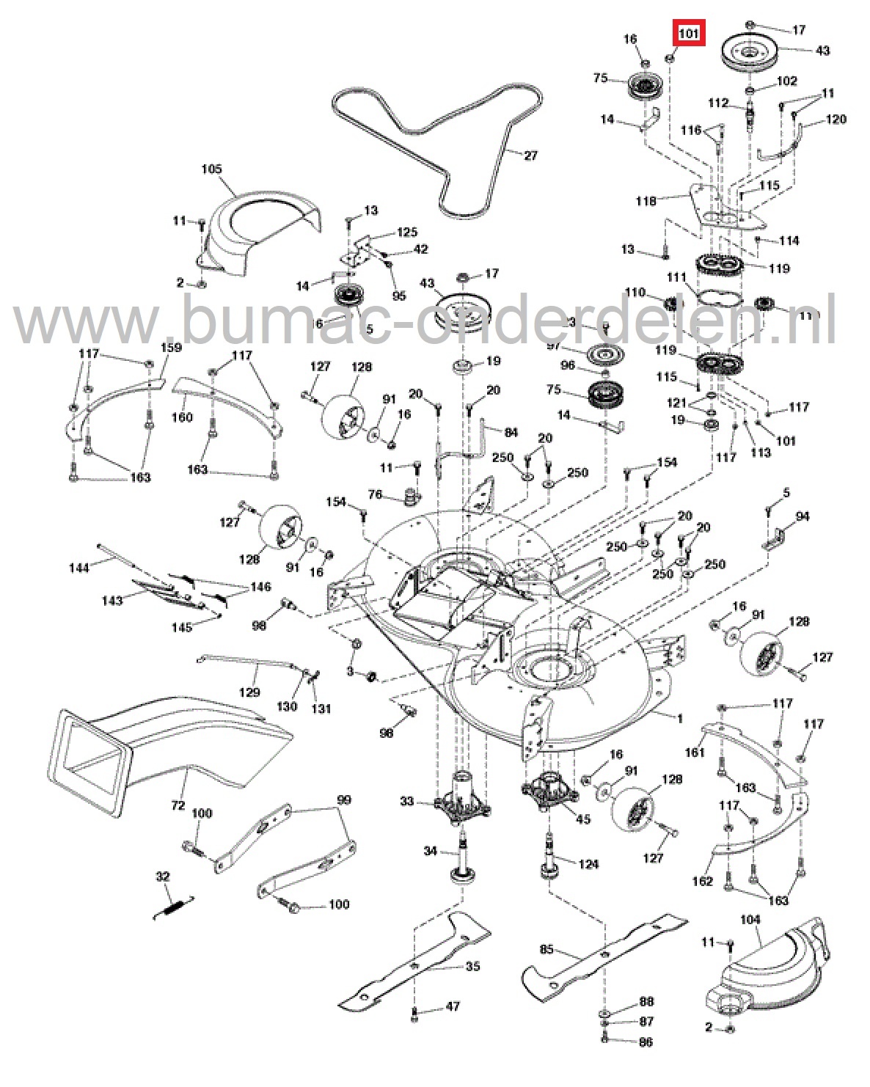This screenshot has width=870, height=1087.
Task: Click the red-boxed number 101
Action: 688,34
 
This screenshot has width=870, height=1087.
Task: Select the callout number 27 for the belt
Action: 530,155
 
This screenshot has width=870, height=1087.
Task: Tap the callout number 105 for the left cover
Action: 211,169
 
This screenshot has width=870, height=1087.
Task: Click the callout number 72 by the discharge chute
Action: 178,805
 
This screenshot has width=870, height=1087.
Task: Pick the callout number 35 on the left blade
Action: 472,967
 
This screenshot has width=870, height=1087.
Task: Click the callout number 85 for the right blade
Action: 547,950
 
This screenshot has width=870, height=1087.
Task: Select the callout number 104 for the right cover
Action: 750,919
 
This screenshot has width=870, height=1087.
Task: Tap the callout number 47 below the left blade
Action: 453,1006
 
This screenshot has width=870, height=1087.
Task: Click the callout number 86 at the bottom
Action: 646,1042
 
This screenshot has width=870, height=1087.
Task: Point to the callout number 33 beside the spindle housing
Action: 407,802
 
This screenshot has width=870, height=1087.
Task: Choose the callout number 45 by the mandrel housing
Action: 583,819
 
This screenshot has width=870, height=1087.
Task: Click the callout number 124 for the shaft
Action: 588,864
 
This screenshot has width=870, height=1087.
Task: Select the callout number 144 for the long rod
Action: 79,568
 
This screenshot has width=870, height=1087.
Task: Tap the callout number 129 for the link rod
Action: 249,692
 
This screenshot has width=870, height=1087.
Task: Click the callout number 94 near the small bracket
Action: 803,516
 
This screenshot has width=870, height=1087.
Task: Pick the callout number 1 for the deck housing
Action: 679,718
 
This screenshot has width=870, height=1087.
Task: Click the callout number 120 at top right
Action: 836,119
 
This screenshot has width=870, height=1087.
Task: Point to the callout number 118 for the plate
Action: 646,201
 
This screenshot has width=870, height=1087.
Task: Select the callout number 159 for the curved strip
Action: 171,347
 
